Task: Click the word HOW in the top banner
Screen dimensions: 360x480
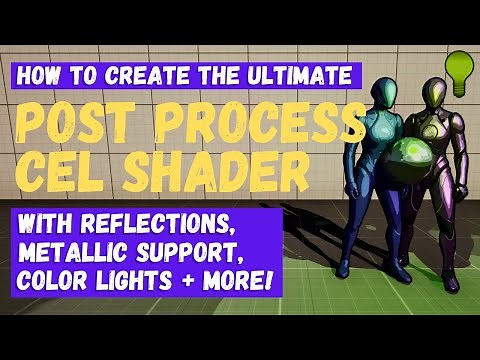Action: coord(38,74)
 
